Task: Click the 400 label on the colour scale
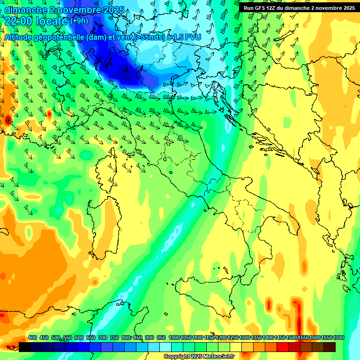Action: click(32, 337)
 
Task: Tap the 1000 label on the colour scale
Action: click(174, 337)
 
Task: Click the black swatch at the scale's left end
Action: click(25, 347)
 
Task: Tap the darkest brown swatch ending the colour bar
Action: click(330, 347)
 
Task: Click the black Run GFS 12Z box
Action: click(298, 7)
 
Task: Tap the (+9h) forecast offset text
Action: click(79, 21)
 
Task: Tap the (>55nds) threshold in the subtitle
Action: click(148, 37)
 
